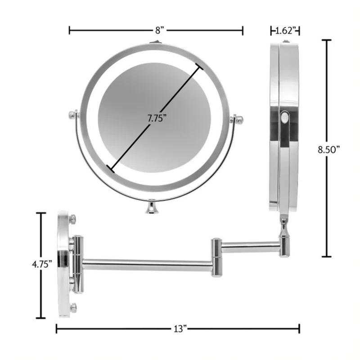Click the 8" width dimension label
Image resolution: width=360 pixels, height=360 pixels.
[x=158, y=31]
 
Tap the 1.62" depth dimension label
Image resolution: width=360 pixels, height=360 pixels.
[x=285, y=31]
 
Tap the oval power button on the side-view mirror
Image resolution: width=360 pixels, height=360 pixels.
[x=284, y=119]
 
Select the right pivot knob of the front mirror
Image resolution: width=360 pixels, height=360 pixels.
[x=238, y=120]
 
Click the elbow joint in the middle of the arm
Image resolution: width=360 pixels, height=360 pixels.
[x=216, y=256]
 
